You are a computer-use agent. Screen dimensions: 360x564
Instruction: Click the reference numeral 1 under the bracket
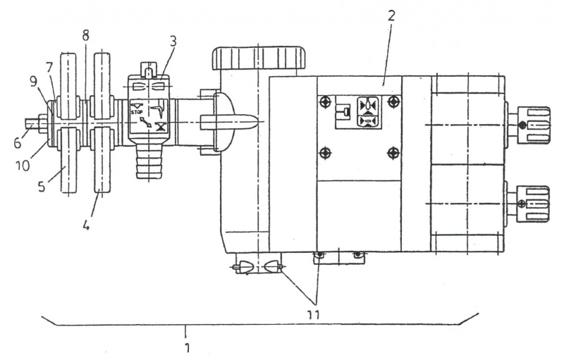point(188,347)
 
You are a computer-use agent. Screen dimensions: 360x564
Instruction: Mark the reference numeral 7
point(50,67)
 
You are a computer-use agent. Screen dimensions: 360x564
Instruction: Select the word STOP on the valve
point(137,111)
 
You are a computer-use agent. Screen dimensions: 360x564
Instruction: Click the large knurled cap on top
point(259,58)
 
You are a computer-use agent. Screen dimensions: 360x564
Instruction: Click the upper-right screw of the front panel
point(393,102)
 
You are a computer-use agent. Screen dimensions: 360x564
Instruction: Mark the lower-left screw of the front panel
point(325,153)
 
